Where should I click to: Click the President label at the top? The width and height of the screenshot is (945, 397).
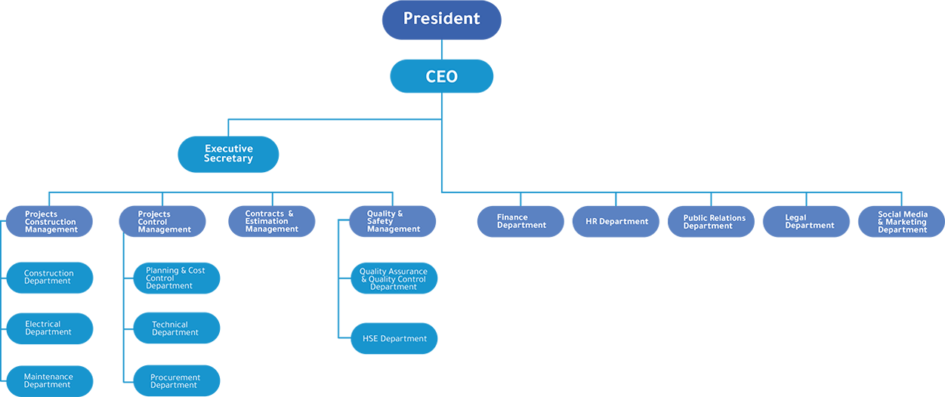click(441, 18)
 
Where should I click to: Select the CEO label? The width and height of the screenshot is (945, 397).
click(441, 77)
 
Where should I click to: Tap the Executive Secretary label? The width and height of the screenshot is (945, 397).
click(228, 154)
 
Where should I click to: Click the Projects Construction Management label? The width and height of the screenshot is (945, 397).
click(51, 222)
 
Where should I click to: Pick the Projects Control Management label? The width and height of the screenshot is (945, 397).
click(164, 222)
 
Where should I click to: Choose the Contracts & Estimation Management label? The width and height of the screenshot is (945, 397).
click(271, 221)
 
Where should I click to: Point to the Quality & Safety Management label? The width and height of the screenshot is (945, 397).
click(393, 221)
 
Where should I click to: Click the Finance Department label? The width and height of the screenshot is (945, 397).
click(521, 221)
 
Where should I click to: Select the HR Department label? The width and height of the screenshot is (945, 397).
click(616, 221)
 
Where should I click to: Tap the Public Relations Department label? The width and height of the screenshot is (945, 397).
click(714, 222)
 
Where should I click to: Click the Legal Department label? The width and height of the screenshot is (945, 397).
click(809, 221)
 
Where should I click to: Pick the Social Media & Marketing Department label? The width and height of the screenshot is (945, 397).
click(902, 222)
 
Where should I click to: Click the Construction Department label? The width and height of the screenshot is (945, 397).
click(48, 277)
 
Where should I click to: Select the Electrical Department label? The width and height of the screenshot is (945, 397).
click(48, 328)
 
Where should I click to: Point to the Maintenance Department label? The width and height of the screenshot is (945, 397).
click(48, 380)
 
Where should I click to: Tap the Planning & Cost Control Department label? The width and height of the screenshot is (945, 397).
click(175, 278)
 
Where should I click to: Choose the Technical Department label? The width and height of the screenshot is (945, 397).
click(174, 328)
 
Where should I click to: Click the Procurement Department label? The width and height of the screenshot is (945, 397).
click(175, 381)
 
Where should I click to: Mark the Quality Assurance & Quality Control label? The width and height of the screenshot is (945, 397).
click(393, 279)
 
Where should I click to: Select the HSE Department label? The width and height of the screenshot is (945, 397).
click(394, 339)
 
